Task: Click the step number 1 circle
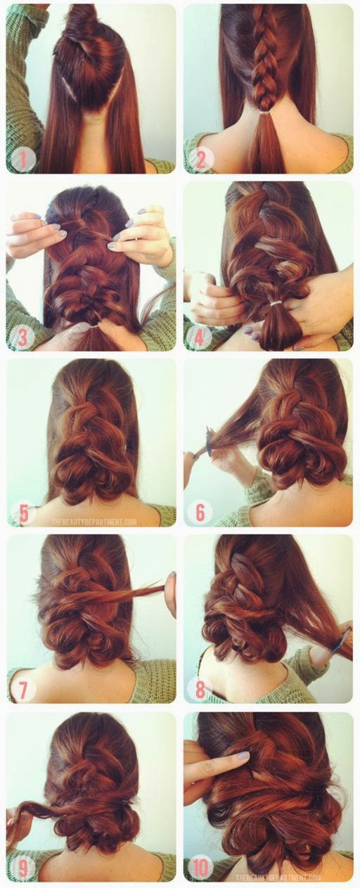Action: tap(22, 160)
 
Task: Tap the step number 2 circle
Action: tap(200, 160)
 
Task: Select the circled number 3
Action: tap(22, 337)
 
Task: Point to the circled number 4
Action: tap(200, 337)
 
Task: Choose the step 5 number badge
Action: tap(22, 513)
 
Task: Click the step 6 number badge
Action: tap(200, 513)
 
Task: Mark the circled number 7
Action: tap(22, 689)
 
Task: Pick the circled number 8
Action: tap(200, 689)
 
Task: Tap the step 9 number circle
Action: tap(22, 866)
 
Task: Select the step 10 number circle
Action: tap(200, 866)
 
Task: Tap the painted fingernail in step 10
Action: tap(243, 756)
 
